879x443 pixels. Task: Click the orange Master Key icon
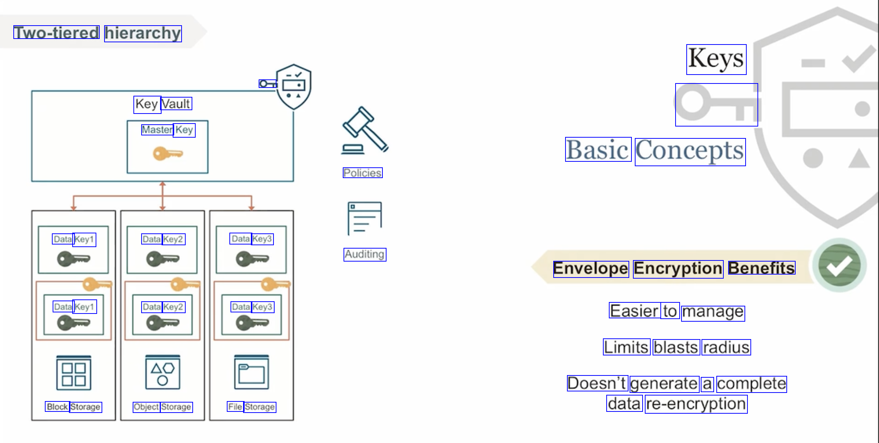click(167, 153)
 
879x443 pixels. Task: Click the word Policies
click(362, 173)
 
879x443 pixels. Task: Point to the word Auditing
click(365, 255)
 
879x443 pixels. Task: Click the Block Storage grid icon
click(74, 373)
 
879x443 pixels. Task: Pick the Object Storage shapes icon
click(163, 372)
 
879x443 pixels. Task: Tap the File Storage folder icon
click(252, 372)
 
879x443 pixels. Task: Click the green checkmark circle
click(839, 265)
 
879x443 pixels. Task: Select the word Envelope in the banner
click(591, 269)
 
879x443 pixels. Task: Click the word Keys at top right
click(716, 59)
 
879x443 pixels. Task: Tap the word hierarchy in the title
click(143, 33)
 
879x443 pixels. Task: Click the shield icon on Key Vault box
click(294, 87)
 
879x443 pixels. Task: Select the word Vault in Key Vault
click(176, 104)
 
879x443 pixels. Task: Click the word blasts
click(676, 348)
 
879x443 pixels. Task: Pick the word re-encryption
click(696, 404)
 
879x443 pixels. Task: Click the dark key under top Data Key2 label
click(162, 259)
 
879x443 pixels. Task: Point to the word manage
click(713, 312)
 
